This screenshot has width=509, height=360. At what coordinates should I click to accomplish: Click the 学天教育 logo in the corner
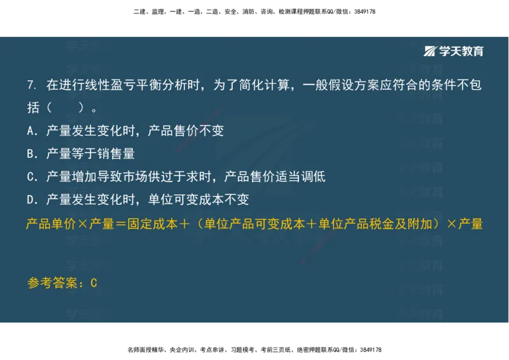pos(454,51)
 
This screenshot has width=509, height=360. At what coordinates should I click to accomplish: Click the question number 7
pos(31,85)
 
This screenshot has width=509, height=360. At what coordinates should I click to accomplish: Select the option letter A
pos(31,131)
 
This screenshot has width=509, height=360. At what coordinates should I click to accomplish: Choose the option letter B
pos(31,154)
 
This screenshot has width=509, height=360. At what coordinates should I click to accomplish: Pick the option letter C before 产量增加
pos(31,177)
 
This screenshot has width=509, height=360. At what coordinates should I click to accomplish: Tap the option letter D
pos(31,200)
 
